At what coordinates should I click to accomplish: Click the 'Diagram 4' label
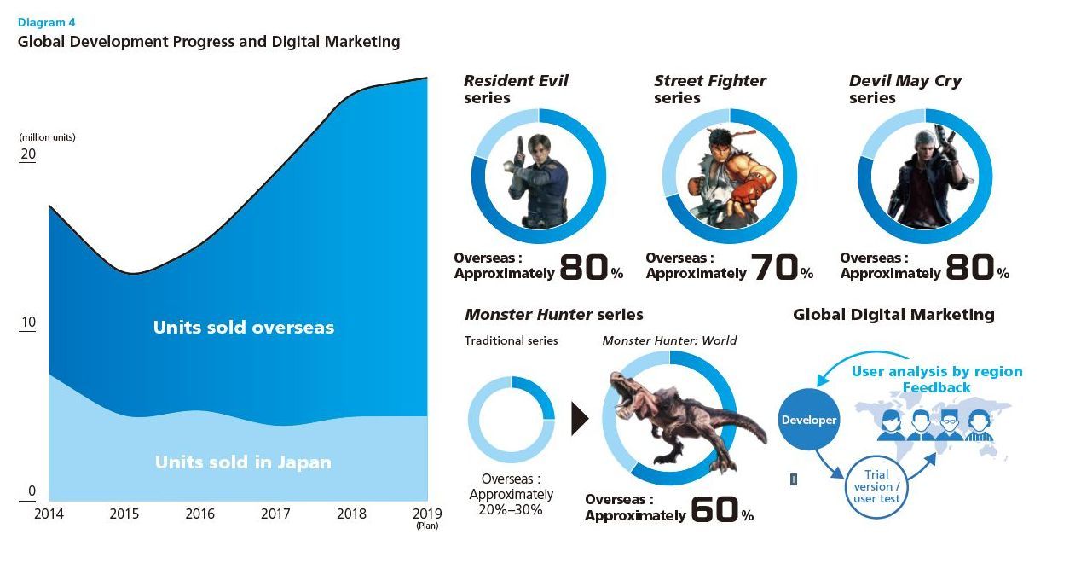click(46, 23)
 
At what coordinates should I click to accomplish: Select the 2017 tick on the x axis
click(275, 514)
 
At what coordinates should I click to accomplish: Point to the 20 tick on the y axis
click(28, 154)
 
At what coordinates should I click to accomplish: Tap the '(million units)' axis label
click(47, 136)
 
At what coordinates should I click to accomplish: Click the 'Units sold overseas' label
click(244, 328)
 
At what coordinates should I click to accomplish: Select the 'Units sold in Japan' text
click(243, 462)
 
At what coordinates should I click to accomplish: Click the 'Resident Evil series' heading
click(515, 89)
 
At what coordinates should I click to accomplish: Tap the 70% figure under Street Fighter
click(781, 268)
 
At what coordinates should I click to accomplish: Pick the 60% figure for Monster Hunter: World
click(721, 510)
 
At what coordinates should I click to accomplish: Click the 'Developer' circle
click(809, 420)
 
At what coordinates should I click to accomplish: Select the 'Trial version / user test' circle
click(876, 486)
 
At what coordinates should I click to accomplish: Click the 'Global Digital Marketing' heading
click(893, 314)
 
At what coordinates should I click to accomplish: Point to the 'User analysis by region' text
click(937, 371)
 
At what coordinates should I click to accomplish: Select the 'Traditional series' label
click(511, 340)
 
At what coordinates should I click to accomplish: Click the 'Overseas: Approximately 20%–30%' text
click(511, 494)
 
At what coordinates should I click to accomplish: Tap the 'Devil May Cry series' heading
click(905, 89)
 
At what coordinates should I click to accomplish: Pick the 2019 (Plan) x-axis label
click(426, 517)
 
